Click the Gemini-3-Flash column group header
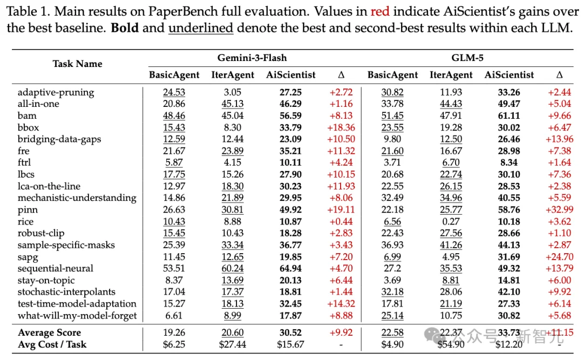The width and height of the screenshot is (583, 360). pos(252,58)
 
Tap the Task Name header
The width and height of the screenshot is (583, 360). pos(77,64)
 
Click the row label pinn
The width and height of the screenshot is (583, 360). pos(27,209)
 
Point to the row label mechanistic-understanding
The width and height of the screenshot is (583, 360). pos(77,198)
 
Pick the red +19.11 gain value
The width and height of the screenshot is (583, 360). pos(341,209)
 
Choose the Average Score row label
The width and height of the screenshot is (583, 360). pos(49,332)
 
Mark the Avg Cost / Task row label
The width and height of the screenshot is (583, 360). pos(52,344)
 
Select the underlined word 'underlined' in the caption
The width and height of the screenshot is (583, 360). pos(201,27)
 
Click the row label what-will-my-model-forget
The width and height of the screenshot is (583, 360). pos(77,316)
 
